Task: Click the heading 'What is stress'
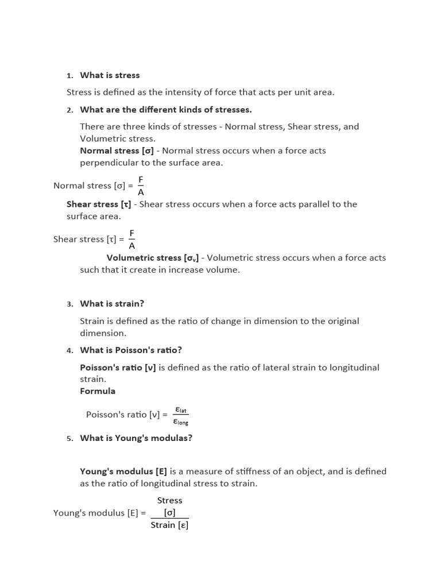click(110, 75)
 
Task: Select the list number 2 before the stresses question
click(69, 110)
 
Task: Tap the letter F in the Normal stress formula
click(141, 180)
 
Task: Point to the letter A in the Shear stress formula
click(131, 246)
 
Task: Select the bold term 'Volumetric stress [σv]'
click(152, 258)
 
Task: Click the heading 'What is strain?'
click(112, 304)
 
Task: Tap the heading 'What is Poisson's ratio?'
click(131, 350)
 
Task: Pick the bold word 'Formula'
click(98, 391)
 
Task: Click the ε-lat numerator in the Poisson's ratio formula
click(181, 409)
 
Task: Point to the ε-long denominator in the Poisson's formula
click(181, 421)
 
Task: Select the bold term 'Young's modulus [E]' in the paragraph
click(123, 471)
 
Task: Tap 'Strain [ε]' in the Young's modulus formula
click(169, 525)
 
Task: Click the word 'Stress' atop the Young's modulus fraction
click(169, 501)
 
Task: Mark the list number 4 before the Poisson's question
click(69, 350)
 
